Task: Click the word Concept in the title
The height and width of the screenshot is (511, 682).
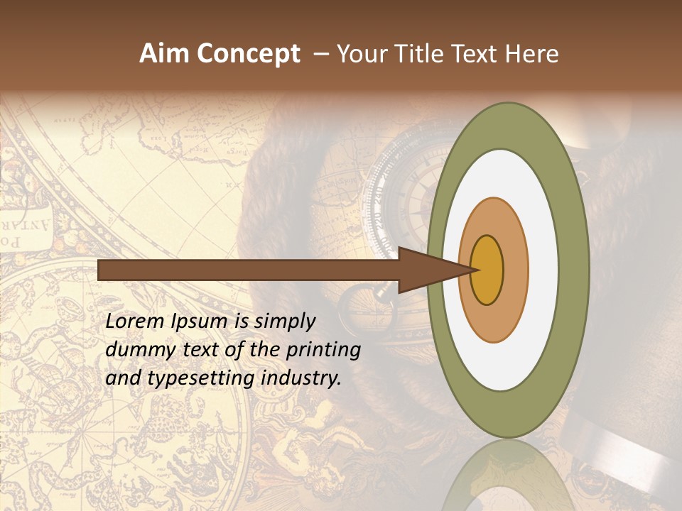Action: [248, 54]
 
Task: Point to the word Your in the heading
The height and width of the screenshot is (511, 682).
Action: [360, 54]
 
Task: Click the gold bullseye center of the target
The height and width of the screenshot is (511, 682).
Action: [487, 270]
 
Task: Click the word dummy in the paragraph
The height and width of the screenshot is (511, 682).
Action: [136, 350]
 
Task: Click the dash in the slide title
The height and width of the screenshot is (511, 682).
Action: [321, 55]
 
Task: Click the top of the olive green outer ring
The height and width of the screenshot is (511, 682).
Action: [507, 125]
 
